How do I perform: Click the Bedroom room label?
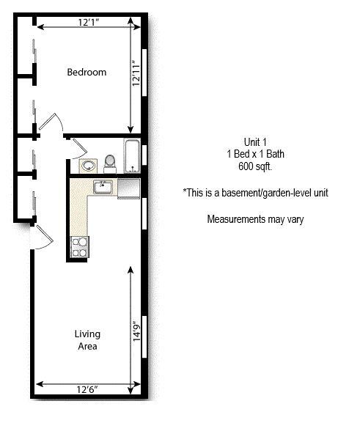pos(87,72)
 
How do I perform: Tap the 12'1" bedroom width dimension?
pos(88,23)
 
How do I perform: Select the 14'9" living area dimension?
pos(135,327)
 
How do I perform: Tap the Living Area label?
pos(87,340)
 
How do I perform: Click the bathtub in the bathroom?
pos(133,156)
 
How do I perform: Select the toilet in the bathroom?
pos(110,161)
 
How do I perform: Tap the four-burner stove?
pos(79,247)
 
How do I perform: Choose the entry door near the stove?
pos(43,237)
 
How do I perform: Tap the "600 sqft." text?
pos(255,166)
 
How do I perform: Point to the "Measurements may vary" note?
pos(255,218)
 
